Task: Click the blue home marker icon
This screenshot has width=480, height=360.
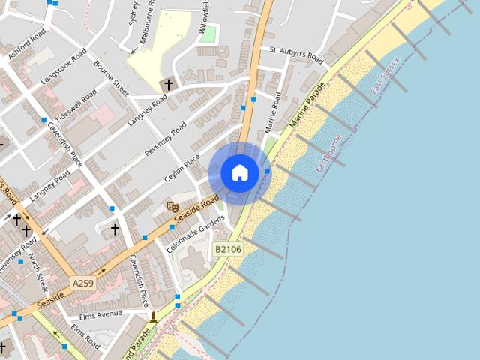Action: coord(240,173)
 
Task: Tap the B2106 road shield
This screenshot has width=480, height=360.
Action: coord(228,249)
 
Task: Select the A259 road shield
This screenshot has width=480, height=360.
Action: coord(84,283)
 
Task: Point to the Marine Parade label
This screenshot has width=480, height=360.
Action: coord(308,105)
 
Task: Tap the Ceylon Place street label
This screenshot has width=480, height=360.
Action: coord(182,169)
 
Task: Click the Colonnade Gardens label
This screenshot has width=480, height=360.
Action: coord(196,233)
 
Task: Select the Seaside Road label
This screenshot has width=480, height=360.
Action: coord(196,212)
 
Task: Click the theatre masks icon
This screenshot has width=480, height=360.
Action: coord(172,206)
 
